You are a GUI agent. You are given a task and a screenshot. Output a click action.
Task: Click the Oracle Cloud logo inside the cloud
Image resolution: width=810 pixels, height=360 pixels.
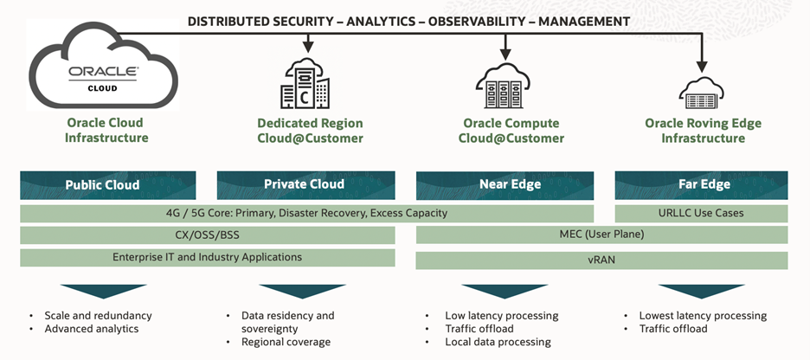pos(104,77)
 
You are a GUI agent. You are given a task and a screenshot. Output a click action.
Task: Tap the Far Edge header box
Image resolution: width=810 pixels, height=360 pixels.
pos(702,184)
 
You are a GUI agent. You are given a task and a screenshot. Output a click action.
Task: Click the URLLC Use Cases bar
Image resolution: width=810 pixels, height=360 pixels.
pos(702,213)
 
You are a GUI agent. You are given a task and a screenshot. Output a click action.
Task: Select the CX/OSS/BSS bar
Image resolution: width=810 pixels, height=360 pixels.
pos(208,235)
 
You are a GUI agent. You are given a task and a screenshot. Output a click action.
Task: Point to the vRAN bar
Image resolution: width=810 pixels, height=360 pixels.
pos(602,260)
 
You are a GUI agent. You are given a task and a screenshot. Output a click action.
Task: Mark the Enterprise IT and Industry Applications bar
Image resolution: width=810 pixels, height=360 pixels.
pos(208,257)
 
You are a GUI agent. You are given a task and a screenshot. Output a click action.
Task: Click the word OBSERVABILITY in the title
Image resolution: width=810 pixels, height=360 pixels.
pos(481,21)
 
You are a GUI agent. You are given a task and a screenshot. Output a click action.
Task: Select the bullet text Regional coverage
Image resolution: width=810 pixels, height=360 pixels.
pos(286,342)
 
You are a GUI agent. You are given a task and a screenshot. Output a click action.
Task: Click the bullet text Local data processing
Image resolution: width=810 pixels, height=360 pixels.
pos(498,342)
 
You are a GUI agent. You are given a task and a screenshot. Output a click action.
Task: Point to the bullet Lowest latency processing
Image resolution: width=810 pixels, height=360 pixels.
pos(703,316)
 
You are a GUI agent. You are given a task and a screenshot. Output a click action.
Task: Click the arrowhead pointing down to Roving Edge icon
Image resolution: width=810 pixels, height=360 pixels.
pos(703,66)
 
